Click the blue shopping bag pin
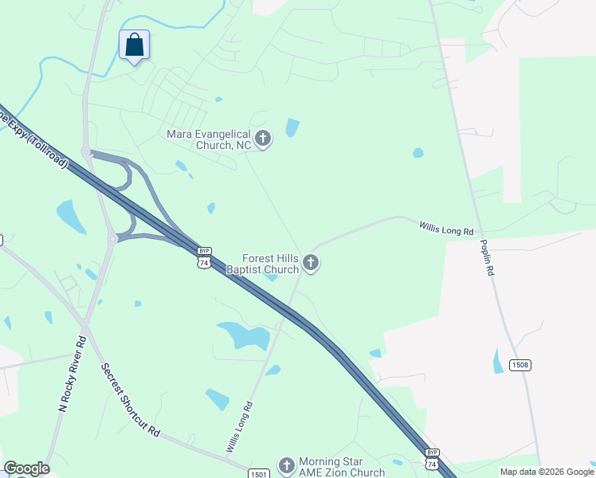[x=134, y=45]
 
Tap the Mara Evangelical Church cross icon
[x=263, y=139]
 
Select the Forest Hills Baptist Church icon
[x=311, y=263]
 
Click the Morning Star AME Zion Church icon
[x=287, y=466]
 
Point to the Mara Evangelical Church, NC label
[x=208, y=139]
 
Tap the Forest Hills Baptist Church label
[x=271, y=264]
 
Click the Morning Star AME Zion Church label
[x=341, y=467]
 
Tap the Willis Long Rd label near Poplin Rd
[x=447, y=229]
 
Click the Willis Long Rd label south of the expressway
[x=239, y=427]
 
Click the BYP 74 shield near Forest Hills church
[x=204, y=257]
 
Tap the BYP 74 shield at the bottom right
[x=431, y=459]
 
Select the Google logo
[x=26, y=468]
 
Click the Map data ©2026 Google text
[x=547, y=472]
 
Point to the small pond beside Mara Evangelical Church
[x=292, y=127]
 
